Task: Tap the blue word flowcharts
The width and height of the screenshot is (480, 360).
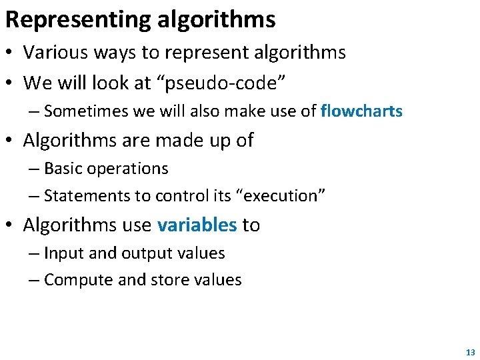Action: tap(361, 111)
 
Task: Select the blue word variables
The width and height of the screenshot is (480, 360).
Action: tap(197, 225)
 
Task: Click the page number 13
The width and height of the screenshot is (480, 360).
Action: tap(471, 353)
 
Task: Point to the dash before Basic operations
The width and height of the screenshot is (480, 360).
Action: tap(35, 169)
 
